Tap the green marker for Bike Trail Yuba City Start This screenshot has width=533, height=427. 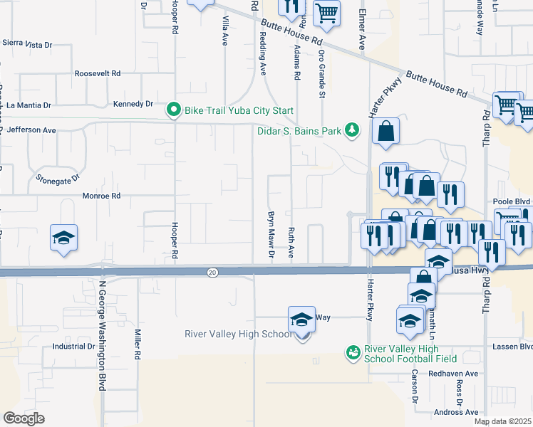tap(173, 110)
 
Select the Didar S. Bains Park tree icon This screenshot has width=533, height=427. tap(351, 130)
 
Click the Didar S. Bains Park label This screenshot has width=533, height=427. tap(299, 130)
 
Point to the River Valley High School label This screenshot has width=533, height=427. tap(238, 334)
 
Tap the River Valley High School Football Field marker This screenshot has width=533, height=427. tap(352, 352)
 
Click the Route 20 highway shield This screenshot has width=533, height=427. tap(212, 273)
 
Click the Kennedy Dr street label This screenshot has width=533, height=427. tap(133, 104)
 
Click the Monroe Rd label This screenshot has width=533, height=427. tap(102, 196)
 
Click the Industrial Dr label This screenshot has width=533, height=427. tap(74, 347)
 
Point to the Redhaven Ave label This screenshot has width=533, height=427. tap(453, 373)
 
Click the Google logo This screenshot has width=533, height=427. tap(24, 418)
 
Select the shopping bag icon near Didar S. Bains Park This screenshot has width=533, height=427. tap(385, 132)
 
